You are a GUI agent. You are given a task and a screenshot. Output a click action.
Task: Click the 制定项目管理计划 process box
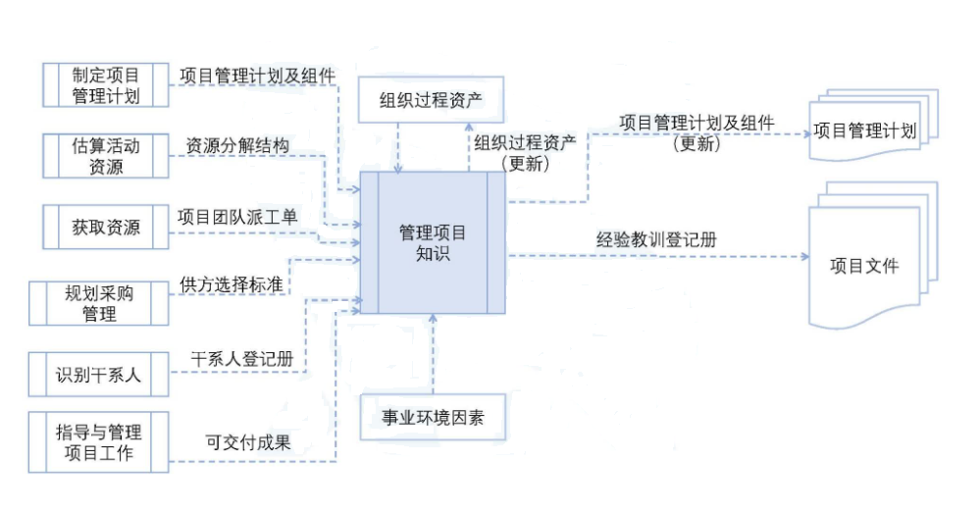(x=106, y=85)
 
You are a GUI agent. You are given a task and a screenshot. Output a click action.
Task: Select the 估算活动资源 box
(x=106, y=156)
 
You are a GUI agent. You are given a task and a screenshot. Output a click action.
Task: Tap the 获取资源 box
(x=106, y=228)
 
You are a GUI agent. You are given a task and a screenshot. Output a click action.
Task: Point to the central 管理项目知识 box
(x=433, y=243)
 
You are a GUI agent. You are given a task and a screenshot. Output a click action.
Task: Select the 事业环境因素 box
(x=433, y=419)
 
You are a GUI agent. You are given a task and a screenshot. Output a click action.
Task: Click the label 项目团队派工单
(x=237, y=216)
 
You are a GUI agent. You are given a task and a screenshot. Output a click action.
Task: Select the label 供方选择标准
(x=232, y=284)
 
